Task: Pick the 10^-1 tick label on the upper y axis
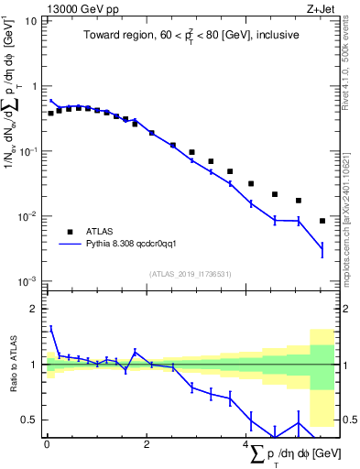(27, 151)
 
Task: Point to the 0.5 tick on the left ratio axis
(30, 420)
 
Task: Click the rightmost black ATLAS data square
(322, 221)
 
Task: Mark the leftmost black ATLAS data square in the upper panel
(50, 114)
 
